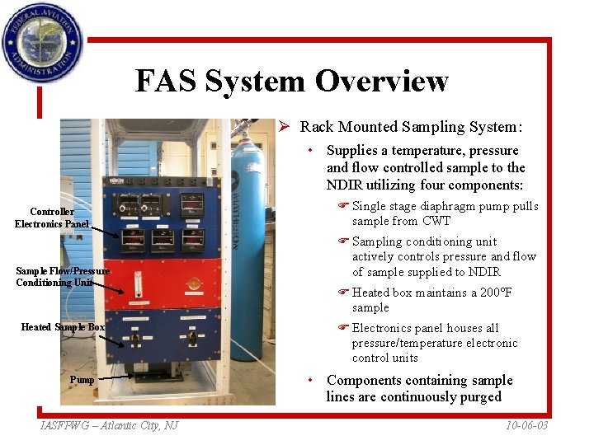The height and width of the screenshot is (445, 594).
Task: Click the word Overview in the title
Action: pyautogui.click(x=380, y=81)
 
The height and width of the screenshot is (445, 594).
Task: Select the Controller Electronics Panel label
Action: pyautogui.click(x=51, y=218)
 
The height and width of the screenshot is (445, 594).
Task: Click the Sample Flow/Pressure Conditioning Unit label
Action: pyautogui.click(x=62, y=277)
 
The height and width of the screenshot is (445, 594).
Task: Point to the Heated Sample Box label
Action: pyautogui.click(x=63, y=327)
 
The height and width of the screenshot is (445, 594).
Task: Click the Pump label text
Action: pyautogui.click(x=82, y=380)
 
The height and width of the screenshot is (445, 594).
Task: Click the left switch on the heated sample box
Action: pyautogui.click(x=133, y=337)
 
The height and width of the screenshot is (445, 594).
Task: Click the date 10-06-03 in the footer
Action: pyautogui.click(x=526, y=425)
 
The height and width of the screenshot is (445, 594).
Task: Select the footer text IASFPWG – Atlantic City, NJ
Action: pyautogui.click(x=109, y=425)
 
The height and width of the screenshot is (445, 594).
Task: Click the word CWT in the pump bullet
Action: pyautogui.click(x=436, y=221)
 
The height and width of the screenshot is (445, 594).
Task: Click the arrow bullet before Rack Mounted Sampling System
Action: pyautogui.click(x=283, y=127)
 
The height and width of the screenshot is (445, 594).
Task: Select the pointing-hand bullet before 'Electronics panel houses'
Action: pyautogui.click(x=342, y=328)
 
